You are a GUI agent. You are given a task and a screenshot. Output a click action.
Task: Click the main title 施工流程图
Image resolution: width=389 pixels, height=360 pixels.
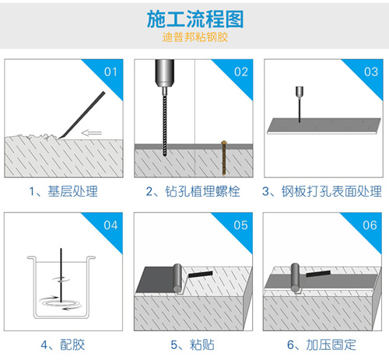coord(194,18)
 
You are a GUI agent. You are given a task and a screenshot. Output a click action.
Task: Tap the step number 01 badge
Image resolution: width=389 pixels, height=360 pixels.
coord(111,72)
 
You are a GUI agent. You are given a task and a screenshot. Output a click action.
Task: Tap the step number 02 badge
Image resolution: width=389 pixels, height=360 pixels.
coord(241,72)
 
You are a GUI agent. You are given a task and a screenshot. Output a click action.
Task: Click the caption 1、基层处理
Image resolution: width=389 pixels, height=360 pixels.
coord(64,191)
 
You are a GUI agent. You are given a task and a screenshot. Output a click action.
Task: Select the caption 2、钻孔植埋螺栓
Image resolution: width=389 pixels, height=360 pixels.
coord(194,191)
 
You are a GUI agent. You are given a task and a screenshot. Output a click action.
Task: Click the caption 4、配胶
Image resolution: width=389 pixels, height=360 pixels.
coord(64,344)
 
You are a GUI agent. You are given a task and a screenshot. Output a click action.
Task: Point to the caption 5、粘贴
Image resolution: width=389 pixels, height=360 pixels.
coord(194,344)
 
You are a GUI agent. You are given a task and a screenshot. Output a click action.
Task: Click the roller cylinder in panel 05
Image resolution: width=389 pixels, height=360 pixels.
coord(176,278)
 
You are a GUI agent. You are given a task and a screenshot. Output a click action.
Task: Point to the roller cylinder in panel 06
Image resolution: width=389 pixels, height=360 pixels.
coord(296,278)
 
